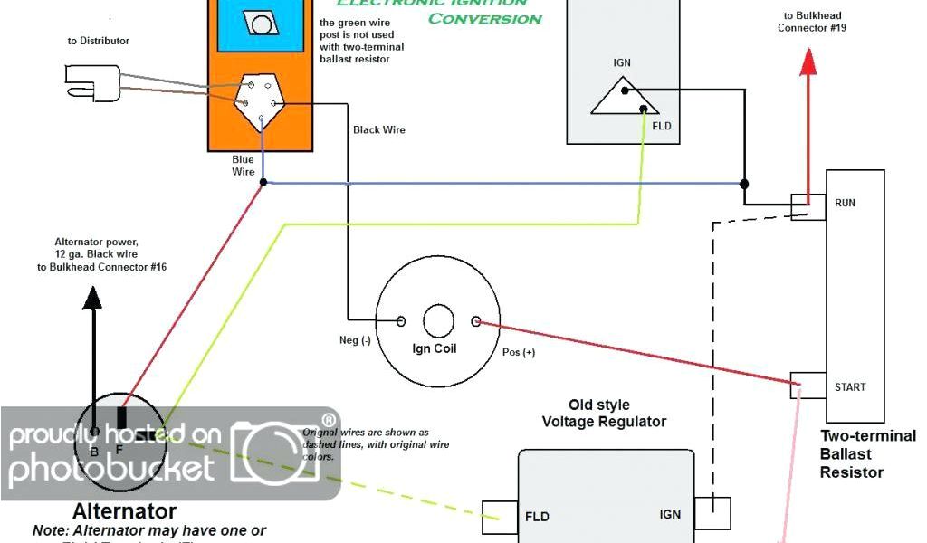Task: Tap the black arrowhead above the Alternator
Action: coord(91,298)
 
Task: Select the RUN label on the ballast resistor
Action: coord(844,203)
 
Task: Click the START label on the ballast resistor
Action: coord(849,387)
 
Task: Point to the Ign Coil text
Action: coord(435,348)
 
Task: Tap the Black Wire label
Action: coord(378,130)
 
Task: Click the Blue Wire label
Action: coord(243,166)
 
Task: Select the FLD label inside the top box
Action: coord(662,126)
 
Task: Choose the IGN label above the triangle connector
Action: coord(623,64)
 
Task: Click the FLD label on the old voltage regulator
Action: coord(537,518)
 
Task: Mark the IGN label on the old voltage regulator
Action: coord(670,514)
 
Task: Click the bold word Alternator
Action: coord(124,512)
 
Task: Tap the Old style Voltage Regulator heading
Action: coord(604,413)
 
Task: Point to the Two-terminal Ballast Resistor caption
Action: coord(866,453)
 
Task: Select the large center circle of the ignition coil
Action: coord(438,320)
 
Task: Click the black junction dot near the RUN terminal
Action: coord(744,184)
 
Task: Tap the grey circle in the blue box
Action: coord(263,23)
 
